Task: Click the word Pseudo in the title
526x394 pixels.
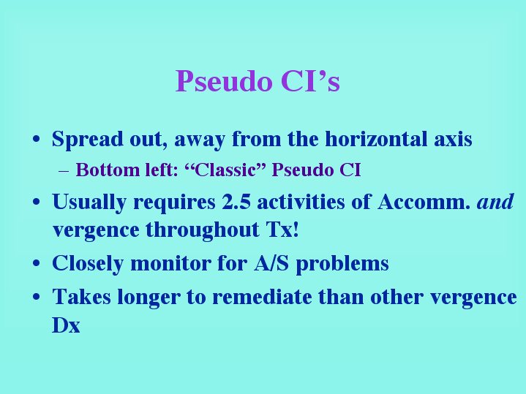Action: [x=224, y=81]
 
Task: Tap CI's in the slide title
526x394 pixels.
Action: [x=310, y=81]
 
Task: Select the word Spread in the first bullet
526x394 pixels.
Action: [x=88, y=140]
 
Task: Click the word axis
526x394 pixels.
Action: [x=453, y=139]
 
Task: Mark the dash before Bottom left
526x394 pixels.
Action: [x=64, y=171]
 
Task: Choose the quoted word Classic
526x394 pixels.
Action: [x=225, y=170]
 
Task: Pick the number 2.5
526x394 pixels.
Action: [x=236, y=202]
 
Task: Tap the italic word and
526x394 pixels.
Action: [x=495, y=201]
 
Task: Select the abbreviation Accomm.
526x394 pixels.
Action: [x=424, y=202]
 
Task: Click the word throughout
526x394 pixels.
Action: [x=203, y=230]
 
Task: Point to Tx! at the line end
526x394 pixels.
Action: [x=282, y=230]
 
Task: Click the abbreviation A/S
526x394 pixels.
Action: [x=271, y=263]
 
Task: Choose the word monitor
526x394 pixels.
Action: [x=170, y=263]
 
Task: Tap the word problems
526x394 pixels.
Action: [x=342, y=264]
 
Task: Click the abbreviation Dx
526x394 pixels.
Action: [x=66, y=325]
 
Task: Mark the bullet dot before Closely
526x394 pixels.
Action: [x=37, y=263]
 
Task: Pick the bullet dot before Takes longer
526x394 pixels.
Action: [x=37, y=297]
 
